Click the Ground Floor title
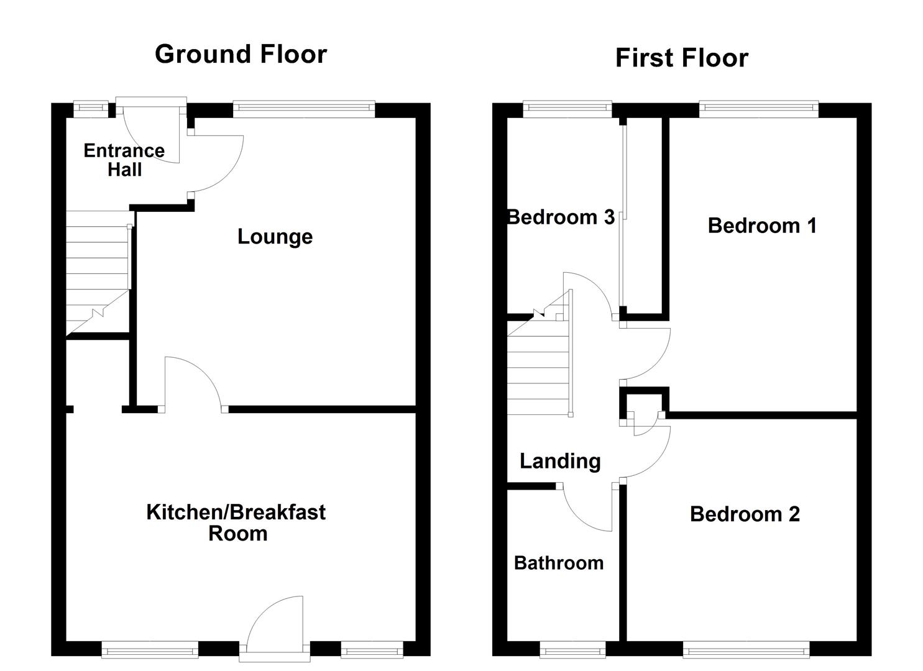(x=241, y=54)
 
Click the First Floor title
(x=681, y=58)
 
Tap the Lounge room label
(x=275, y=237)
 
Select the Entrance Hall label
(x=124, y=160)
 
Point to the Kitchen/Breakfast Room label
(x=236, y=522)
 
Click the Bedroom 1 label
(x=762, y=226)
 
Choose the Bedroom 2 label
(x=745, y=514)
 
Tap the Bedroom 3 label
(x=561, y=217)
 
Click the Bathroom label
(x=559, y=563)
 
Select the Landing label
(x=560, y=461)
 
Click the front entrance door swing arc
(x=149, y=134)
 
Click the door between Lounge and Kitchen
(x=193, y=382)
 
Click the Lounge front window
(x=304, y=109)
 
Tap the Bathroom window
(x=572, y=650)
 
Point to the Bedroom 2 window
(x=746, y=650)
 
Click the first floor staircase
(x=538, y=367)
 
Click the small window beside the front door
(x=91, y=109)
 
